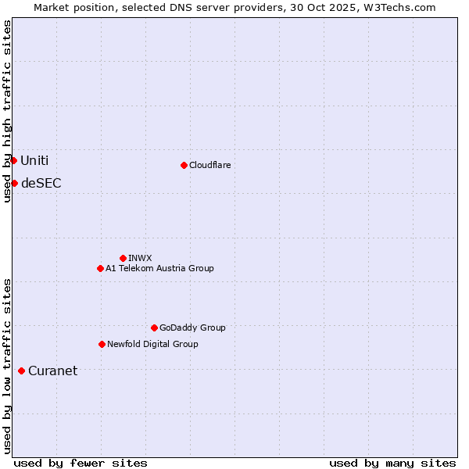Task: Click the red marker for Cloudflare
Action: click(184, 165)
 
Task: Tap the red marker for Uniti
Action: click(13, 160)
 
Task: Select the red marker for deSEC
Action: click(14, 183)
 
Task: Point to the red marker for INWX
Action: click(123, 258)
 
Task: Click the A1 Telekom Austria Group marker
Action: click(100, 268)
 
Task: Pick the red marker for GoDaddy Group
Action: click(154, 328)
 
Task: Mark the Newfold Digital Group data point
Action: click(102, 344)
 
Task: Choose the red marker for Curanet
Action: click(21, 371)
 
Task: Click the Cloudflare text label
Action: click(209, 165)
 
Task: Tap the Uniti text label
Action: click(34, 161)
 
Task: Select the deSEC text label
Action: click(41, 184)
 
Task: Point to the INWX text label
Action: click(140, 258)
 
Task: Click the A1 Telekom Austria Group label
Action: click(159, 268)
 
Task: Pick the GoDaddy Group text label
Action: click(192, 328)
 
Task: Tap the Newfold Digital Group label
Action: click(152, 344)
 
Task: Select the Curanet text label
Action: click(52, 371)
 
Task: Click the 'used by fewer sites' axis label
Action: click(81, 463)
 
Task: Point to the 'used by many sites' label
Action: click(392, 463)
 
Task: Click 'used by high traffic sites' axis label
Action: click(7, 111)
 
